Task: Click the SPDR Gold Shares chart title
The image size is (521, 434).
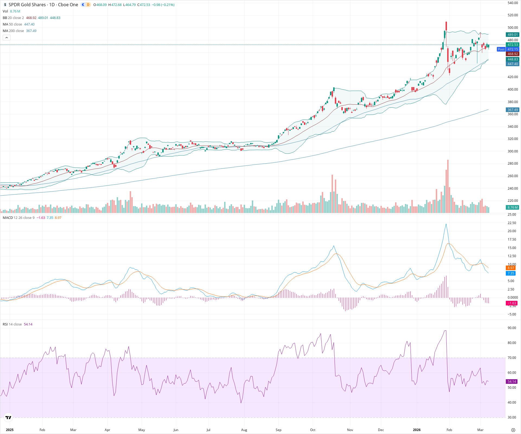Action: [x=43, y=5]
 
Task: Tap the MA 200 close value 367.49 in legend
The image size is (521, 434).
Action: [x=31, y=31]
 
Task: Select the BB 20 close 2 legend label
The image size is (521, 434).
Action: [x=13, y=18]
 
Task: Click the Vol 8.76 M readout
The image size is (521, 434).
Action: [x=11, y=11]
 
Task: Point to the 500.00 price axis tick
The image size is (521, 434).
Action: [x=513, y=28]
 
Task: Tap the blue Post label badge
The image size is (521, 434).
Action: [x=501, y=49]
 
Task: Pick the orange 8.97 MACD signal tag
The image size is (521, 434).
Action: [x=511, y=268]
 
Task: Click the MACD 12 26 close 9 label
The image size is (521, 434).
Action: [x=18, y=218]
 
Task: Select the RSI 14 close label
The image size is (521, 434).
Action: [x=12, y=324]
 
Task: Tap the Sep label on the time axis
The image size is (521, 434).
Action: [x=278, y=430]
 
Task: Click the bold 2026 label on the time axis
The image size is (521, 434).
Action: [x=417, y=430]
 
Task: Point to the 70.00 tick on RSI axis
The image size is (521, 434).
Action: [x=512, y=358]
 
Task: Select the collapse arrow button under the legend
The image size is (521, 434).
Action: [x=7, y=38]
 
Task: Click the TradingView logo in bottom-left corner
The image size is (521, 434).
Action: [x=8, y=417]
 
